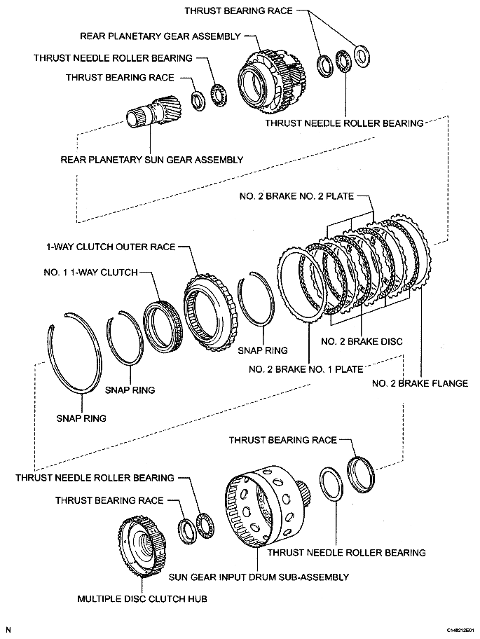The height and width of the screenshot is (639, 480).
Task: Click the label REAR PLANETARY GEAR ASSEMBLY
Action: [160, 36]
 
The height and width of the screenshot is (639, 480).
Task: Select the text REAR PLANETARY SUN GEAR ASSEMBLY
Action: [152, 160]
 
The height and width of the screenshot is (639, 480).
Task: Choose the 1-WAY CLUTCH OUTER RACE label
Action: [111, 247]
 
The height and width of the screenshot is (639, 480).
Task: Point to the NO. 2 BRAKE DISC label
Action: [361, 342]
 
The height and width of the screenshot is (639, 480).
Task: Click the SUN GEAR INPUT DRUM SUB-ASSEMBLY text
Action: [259, 577]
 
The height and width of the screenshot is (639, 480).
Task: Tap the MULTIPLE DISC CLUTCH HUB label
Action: [142, 599]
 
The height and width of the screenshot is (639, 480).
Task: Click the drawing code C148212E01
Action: [456, 631]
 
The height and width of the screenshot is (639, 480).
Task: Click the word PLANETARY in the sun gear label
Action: [111, 160]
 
